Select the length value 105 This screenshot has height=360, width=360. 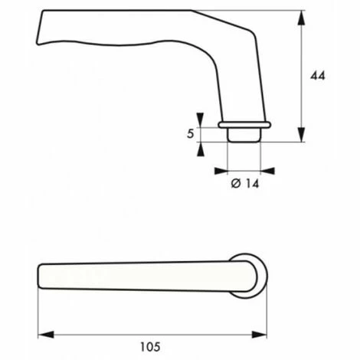tap(151, 345)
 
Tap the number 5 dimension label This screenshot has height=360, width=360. tap(189, 134)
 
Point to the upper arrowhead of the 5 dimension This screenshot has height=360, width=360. tap(201, 118)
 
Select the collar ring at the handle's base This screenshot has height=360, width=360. tap(244, 123)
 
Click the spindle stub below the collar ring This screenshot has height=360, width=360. tap(244, 135)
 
